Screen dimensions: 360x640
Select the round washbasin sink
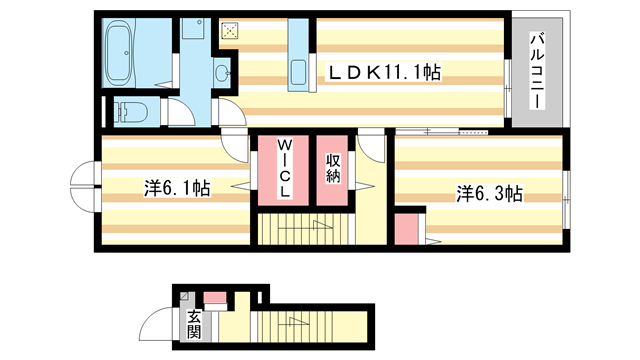222,71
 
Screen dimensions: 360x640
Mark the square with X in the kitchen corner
229,30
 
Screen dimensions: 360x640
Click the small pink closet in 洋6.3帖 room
405,229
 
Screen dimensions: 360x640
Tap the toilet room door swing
175,112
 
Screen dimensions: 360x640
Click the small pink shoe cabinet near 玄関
216,296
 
